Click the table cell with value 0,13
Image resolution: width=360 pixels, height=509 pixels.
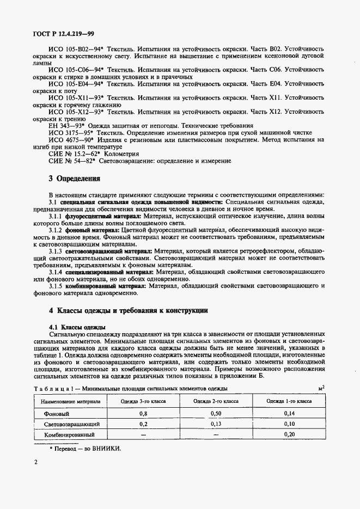point(216,424)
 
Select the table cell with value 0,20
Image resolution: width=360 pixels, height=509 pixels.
point(289,435)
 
